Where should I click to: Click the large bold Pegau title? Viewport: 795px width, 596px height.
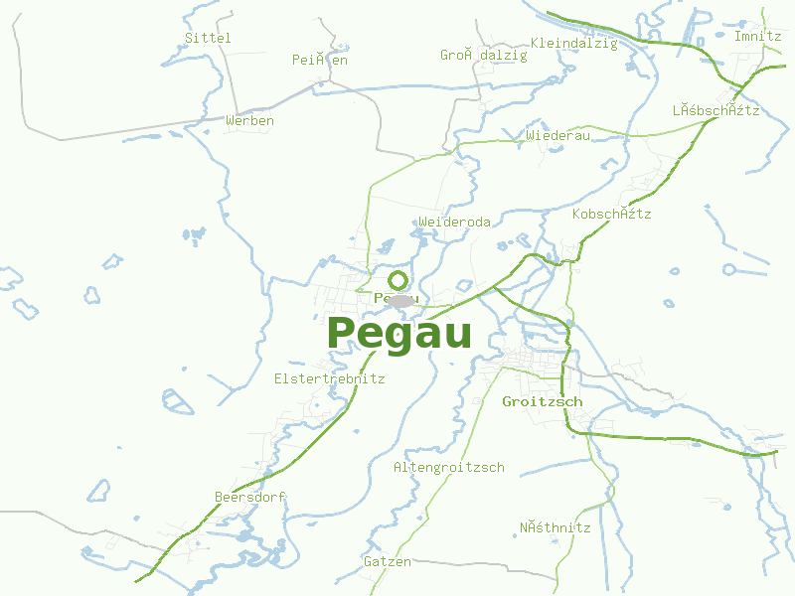tap(398, 334)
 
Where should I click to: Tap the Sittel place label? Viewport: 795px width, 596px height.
tap(208, 38)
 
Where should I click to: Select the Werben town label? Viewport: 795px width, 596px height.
tap(249, 120)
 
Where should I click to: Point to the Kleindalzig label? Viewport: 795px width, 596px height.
tap(574, 43)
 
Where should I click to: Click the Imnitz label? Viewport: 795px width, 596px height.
tap(757, 36)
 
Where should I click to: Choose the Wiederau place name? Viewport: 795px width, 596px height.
tap(558, 135)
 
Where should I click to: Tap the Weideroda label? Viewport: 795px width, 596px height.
tap(455, 222)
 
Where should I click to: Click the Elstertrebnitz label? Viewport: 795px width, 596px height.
tap(329, 378)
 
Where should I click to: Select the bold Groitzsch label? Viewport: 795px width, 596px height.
tap(543, 401)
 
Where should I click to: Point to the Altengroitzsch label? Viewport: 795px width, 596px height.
tap(449, 467)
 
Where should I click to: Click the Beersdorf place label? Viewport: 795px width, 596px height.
tap(250, 497)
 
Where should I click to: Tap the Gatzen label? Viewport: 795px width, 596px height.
tap(388, 561)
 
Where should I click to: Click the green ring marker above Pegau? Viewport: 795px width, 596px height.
tap(398, 280)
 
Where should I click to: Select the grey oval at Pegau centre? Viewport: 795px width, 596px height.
tap(400, 301)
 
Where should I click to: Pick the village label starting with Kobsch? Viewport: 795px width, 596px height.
tap(612, 214)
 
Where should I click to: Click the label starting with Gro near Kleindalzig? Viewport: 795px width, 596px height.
tap(484, 56)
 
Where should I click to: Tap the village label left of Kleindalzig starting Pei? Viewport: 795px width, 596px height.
tap(320, 60)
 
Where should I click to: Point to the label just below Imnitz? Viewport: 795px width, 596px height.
tap(715, 110)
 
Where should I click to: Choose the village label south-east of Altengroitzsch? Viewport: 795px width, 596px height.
tap(556, 527)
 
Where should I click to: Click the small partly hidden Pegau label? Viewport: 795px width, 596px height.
tap(382, 298)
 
